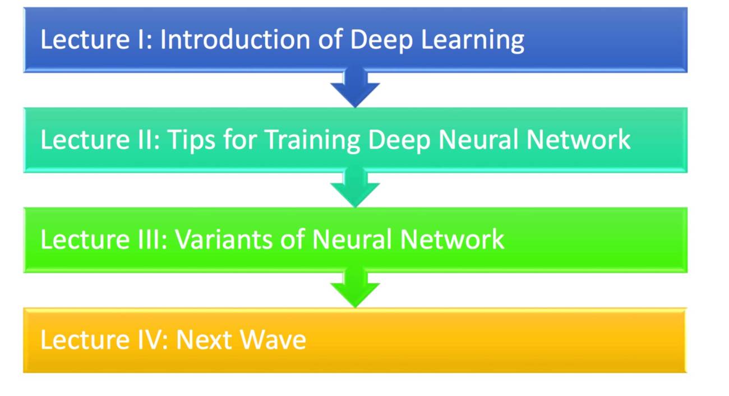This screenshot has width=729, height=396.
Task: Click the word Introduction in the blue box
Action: (235, 39)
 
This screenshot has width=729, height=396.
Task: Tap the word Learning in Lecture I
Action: (473, 41)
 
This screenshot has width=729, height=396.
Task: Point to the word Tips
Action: (191, 140)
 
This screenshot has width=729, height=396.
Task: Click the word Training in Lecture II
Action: (313, 140)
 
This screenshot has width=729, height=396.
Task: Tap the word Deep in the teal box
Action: (399, 140)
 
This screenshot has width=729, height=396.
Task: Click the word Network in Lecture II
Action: (578, 139)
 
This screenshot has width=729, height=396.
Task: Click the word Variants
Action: (224, 240)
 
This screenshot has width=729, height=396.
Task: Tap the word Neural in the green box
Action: (352, 240)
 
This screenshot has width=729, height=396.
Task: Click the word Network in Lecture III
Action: (452, 240)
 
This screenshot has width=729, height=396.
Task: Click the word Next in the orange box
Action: (204, 340)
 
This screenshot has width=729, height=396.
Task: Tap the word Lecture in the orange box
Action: (85, 340)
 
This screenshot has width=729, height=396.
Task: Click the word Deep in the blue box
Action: (381, 41)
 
